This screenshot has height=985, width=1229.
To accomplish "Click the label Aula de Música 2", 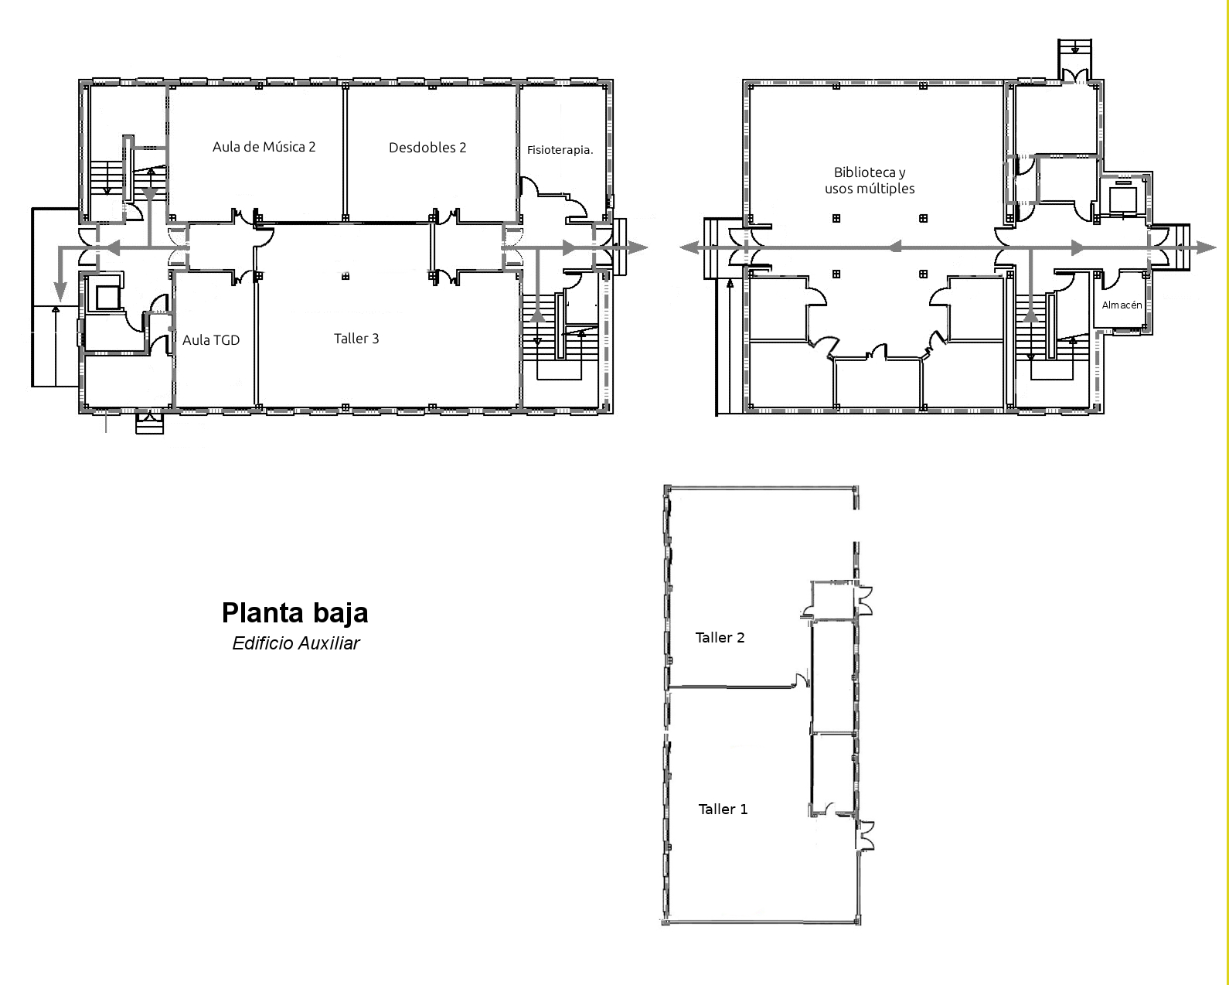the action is click(x=264, y=147).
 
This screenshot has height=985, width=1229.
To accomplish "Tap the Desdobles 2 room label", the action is click(x=427, y=148).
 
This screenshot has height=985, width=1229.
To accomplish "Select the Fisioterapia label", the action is click(x=560, y=150).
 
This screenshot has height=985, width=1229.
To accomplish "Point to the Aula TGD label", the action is click(x=211, y=340).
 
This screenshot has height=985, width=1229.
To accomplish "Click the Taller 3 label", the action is click(x=356, y=338).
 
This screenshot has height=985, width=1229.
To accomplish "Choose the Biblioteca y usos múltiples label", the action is click(x=870, y=180).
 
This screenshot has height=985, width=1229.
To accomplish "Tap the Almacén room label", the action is click(x=1122, y=305).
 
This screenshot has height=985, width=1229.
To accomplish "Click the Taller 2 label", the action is click(x=720, y=638).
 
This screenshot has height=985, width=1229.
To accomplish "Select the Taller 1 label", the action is click(x=723, y=809).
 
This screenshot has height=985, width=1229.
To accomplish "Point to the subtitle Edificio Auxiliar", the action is click(x=296, y=643).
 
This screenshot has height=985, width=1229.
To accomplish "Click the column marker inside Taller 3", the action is click(x=346, y=277).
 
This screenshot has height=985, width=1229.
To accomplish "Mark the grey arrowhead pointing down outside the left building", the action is click(x=58, y=291).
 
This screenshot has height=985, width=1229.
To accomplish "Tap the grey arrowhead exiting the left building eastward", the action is click(x=638, y=248).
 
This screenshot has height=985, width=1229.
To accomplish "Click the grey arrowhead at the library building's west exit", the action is click(x=689, y=247).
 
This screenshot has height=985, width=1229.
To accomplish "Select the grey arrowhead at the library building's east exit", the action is click(x=1206, y=247).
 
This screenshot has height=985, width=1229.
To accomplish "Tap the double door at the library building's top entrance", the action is click(x=1075, y=76).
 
